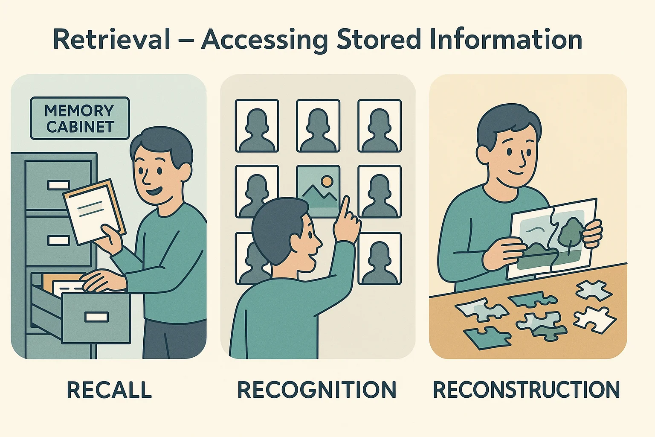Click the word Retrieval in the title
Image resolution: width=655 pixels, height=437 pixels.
(x=112, y=39)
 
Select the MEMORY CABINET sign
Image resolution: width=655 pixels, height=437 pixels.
(x=80, y=118)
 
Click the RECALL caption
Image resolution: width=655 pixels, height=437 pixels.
(x=109, y=390)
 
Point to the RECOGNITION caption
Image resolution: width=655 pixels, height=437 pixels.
(x=317, y=390)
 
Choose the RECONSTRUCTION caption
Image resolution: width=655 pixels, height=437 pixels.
(x=526, y=390)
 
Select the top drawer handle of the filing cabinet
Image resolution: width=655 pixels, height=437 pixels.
(x=58, y=185)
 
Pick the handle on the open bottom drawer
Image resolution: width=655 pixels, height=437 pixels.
(x=96, y=317)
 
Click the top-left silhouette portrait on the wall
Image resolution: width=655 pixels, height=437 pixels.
(x=257, y=126)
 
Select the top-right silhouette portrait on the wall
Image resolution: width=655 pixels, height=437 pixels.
(x=380, y=126)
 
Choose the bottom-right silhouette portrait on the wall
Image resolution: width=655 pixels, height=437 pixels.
(x=380, y=258)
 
